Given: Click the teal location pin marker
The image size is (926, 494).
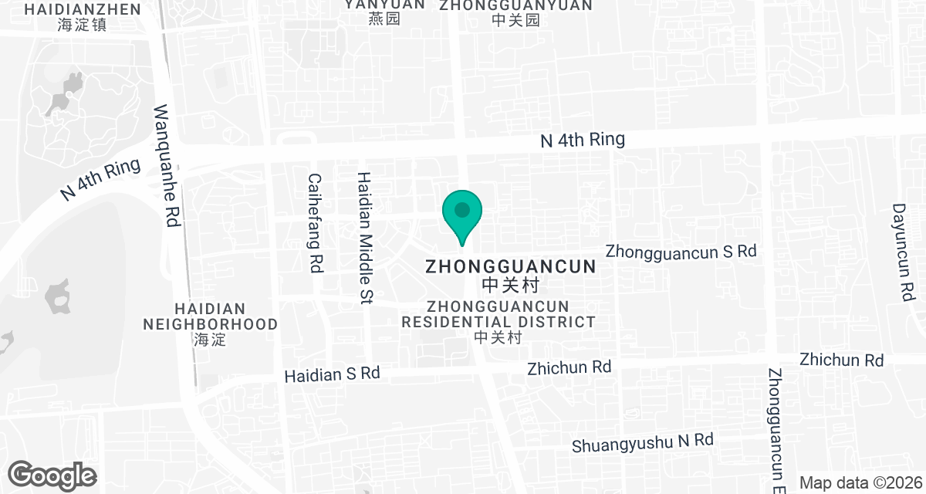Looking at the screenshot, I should tap(461, 215).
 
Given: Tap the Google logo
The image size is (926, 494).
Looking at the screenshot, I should tap(52, 475).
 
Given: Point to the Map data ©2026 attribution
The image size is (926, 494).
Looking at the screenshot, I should tap(861, 483).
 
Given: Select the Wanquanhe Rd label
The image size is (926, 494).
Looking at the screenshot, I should tap(167, 165).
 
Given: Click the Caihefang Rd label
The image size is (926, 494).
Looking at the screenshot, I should tap(315, 222).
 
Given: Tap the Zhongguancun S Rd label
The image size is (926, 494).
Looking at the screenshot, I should tap(681, 252).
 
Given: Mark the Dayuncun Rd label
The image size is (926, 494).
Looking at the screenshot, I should tap(902, 252).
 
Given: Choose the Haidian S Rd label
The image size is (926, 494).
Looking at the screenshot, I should tap(332, 374).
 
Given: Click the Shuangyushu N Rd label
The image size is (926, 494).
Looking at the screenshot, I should tap(642, 442).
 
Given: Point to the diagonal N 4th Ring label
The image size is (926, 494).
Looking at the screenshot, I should tap(100, 180).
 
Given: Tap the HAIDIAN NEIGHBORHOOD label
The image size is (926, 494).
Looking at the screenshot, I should tap(210, 316).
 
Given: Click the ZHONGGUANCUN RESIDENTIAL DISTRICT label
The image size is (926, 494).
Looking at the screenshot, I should tap(498, 314).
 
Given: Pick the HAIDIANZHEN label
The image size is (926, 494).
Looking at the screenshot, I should tap(83, 9).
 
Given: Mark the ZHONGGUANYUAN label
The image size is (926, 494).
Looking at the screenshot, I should tap(515, 5).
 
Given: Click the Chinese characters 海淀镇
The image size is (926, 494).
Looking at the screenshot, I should tap(82, 24).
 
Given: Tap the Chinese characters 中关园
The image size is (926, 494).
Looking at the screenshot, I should tap(515, 20).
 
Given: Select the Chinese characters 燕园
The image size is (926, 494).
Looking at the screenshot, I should tap(384, 19).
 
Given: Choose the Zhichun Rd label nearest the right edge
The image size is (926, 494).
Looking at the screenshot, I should tap(841, 360).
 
